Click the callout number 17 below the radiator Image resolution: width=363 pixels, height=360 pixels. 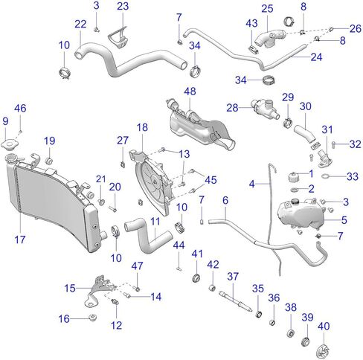click(20, 240)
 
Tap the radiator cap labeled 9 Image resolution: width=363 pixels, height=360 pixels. click(10, 144)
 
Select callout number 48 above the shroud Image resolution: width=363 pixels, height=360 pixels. click(190, 91)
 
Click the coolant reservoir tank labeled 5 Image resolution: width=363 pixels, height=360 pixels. click(301, 213)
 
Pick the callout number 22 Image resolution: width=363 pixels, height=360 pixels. click(80, 24)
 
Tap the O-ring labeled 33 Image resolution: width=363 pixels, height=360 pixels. click(325, 176)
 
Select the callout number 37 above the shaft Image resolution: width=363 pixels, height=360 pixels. click(233, 276)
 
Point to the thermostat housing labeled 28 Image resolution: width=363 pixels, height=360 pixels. click(265, 109)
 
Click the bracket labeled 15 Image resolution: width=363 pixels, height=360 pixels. click(100, 291)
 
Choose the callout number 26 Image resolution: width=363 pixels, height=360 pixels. click(356, 28)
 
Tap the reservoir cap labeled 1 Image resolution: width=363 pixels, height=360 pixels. click(293, 176)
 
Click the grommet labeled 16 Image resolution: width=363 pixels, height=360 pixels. click(92, 318)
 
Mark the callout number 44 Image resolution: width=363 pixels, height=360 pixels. click(179, 245)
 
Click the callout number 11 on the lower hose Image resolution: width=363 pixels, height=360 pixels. click(155, 222)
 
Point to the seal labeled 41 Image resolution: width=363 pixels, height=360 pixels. click(197, 277)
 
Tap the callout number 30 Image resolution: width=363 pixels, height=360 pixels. click(306, 106)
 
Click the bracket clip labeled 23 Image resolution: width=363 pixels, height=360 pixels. click(118, 38)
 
